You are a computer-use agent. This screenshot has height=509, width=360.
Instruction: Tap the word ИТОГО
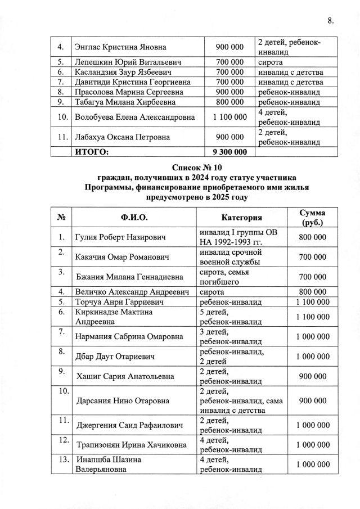91,151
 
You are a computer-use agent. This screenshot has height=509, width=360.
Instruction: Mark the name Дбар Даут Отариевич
111,356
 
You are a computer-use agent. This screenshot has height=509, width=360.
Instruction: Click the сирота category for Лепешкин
270,62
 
